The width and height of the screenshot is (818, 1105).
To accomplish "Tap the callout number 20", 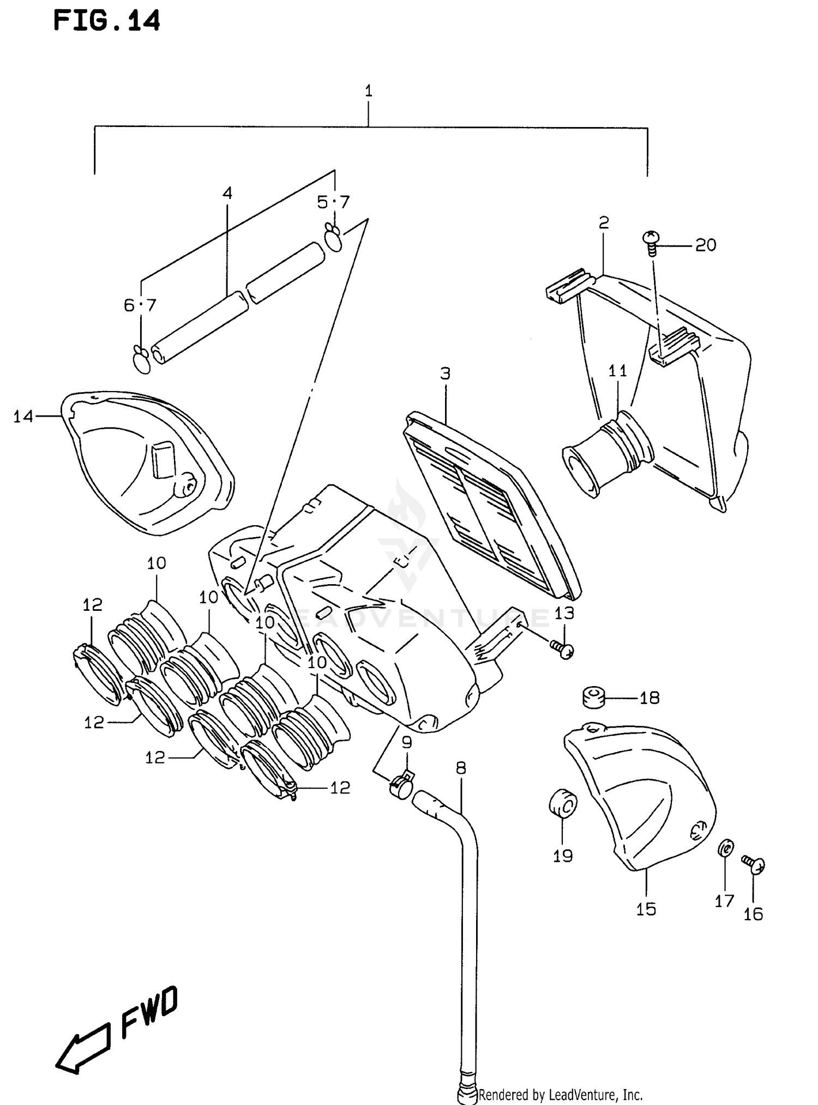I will [x=706, y=245].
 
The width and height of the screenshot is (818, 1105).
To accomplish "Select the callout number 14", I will [x=23, y=417].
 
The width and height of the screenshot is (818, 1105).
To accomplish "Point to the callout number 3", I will [x=445, y=374].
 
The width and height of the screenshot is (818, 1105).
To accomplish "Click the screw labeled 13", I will [x=562, y=648].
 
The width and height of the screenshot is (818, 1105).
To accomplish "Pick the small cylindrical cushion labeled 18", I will [x=594, y=698].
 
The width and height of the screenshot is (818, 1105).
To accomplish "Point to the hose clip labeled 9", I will [x=401, y=785].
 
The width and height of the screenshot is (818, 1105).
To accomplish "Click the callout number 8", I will [x=461, y=768].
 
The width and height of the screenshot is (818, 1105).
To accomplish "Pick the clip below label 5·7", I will [x=333, y=238].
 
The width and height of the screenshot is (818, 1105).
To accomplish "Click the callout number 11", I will [x=618, y=371].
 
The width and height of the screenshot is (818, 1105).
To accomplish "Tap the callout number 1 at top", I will [x=369, y=91].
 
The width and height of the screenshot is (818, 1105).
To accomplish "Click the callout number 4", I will [x=227, y=193].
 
